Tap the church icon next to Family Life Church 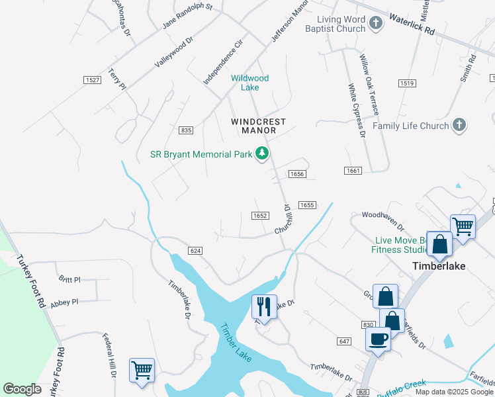coord(460,126)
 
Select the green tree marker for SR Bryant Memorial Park coord(263,154)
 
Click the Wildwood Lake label coord(249,83)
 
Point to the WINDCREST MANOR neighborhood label coord(258,126)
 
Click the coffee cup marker coord(378,339)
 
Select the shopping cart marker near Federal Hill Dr coord(142,371)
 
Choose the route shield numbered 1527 coord(92,80)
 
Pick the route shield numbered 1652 coord(259,216)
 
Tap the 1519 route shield coord(406,83)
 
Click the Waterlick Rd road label coord(412,22)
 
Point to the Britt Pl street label coord(69,280)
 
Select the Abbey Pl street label coord(65,302)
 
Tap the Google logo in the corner coord(22,389)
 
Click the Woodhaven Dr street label coord(382,215)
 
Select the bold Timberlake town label coord(439,266)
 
